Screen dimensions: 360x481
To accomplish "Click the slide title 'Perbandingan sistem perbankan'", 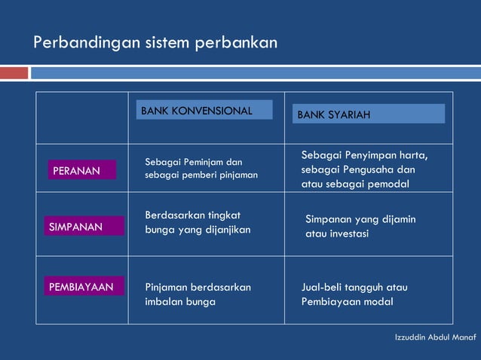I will point(155,42).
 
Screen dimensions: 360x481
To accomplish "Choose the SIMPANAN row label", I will point(83,227).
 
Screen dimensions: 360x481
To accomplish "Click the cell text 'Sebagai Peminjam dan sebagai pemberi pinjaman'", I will point(201,168).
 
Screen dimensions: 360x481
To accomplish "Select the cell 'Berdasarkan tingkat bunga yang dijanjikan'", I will point(197,222).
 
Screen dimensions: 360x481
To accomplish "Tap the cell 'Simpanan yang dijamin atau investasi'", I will point(360,226).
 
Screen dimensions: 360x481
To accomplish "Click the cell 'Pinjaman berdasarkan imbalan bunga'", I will point(198,294).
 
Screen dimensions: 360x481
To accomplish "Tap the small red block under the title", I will point(14,73).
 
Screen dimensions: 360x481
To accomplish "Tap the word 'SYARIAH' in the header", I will point(348,114).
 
